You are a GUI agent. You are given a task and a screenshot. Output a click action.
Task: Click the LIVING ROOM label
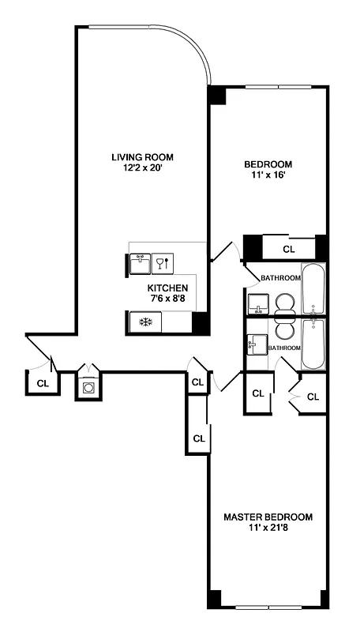coord(142,156)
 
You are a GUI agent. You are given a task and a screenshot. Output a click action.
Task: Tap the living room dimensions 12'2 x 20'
coord(142,167)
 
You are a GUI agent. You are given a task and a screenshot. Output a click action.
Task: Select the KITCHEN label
coord(167,288)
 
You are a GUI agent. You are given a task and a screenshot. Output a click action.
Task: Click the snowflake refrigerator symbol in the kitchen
coord(144,322)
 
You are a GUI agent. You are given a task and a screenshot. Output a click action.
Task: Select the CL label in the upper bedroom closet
coord(288,249)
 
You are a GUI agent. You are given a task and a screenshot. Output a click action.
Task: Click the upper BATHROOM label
coord(281,278)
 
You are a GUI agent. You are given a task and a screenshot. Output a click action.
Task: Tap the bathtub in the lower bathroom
coord(313,344)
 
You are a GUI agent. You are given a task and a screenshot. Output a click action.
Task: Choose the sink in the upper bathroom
coord(257,303)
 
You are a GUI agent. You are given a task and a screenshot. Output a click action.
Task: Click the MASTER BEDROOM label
coord(268,517)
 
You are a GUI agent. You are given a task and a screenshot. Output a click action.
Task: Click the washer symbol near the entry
coord(89,388)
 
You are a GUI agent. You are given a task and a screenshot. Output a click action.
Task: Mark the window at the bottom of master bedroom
coord(268,608)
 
